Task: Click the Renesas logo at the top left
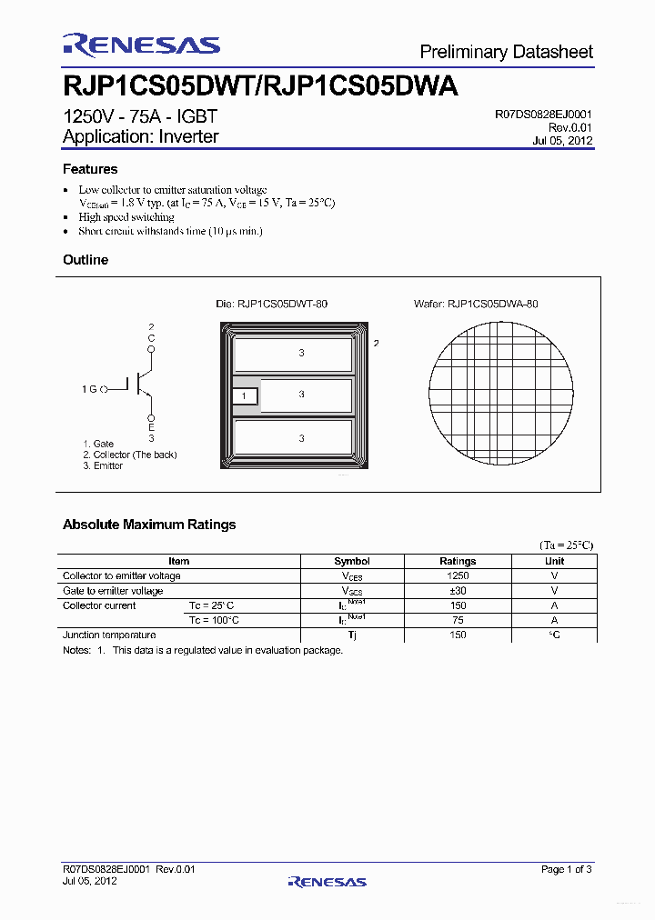[x=141, y=45]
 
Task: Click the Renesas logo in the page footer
[x=327, y=881]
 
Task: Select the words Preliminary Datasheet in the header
[x=506, y=52]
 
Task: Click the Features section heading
[x=90, y=169]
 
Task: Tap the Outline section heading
[x=86, y=260]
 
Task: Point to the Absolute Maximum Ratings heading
[x=149, y=525]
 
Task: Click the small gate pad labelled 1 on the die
[x=245, y=396]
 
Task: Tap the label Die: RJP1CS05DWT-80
[x=271, y=304]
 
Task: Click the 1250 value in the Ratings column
[x=458, y=576]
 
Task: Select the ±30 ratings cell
[x=458, y=591]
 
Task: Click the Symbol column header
[x=352, y=562]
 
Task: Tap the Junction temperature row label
[x=109, y=635]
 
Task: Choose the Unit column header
[x=554, y=562]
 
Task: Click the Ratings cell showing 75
[x=458, y=620]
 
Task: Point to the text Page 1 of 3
[x=566, y=870]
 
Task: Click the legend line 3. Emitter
[x=103, y=465]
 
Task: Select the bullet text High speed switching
[x=126, y=218]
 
